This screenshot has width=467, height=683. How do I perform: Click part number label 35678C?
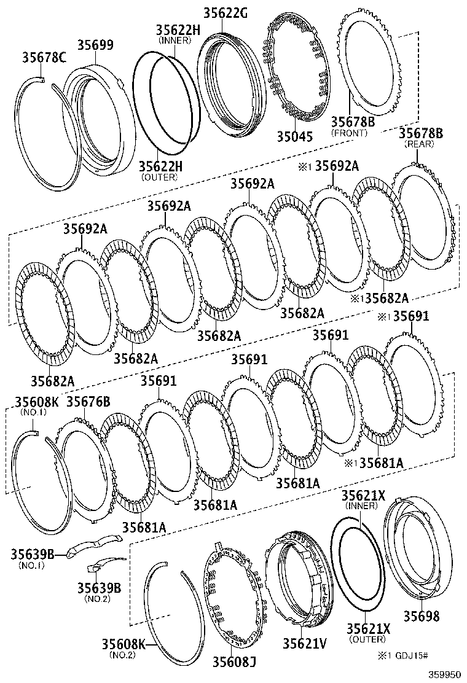click(x=44, y=58)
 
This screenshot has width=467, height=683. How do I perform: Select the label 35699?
click(x=95, y=45)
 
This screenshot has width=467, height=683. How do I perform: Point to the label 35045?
click(x=295, y=136)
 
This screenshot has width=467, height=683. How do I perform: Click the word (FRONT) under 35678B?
click(x=350, y=133)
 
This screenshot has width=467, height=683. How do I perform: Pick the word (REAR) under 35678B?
click(x=419, y=144)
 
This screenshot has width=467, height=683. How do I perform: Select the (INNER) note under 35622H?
click(x=175, y=41)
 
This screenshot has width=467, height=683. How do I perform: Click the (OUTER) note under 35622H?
click(x=159, y=177)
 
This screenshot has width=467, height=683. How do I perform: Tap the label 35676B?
click(x=88, y=402)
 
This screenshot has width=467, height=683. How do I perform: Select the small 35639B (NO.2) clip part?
click(x=100, y=564)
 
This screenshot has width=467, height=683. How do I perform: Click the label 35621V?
click(x=305, y=643)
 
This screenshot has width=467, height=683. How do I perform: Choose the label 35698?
click(x=421, y=616)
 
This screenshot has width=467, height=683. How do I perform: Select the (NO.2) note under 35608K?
click(x=124, y=654)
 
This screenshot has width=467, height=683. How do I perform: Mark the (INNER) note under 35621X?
click(x=361, y=505)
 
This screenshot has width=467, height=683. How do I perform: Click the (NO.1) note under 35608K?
click(x=33, y=412)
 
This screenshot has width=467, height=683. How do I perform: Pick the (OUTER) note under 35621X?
click(x=367, y=639)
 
